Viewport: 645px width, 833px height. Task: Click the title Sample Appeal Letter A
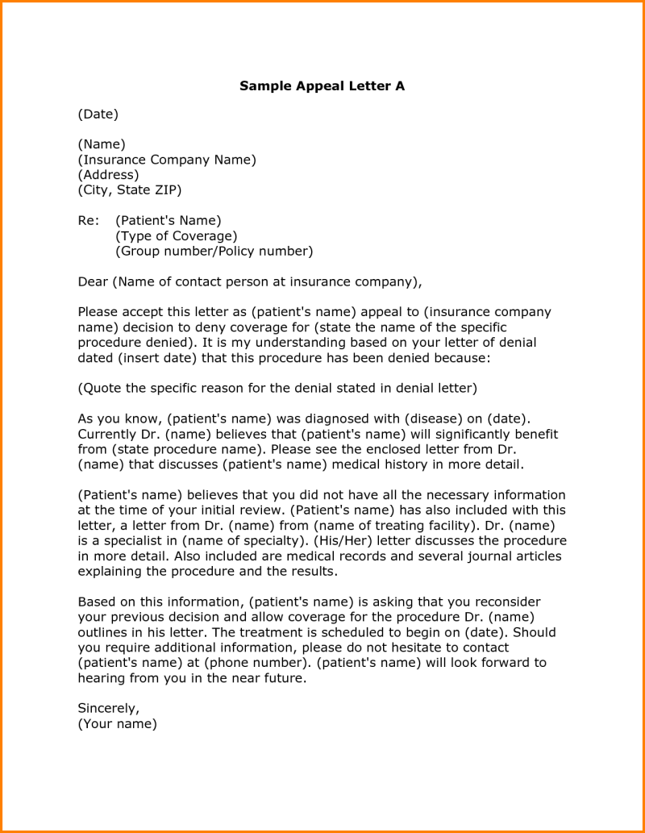[322, 86]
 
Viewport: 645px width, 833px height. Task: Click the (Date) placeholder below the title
[98, 114]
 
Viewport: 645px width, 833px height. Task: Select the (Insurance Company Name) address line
[166, 160]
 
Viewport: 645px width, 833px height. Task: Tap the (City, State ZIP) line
[129, 190]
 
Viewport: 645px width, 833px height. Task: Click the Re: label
[87, 220]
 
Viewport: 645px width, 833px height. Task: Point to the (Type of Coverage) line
[176, 235]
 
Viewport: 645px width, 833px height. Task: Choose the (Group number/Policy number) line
[214, 251]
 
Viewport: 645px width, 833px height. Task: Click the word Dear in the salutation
[92, 281]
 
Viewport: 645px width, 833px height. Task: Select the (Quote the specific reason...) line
[277, 388]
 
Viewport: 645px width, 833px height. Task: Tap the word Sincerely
[108, 708]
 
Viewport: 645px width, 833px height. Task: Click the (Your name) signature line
[117, 723]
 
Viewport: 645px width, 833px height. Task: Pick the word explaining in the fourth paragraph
[110, 571]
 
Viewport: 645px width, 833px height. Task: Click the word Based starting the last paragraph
[96, 602]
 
